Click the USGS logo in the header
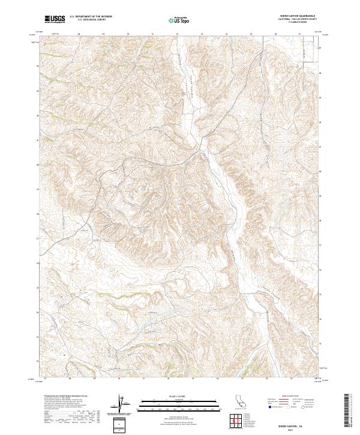click(x=55, y=19)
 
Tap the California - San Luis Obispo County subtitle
click(x=295, y=19)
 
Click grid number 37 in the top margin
click(x=299, y=34)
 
